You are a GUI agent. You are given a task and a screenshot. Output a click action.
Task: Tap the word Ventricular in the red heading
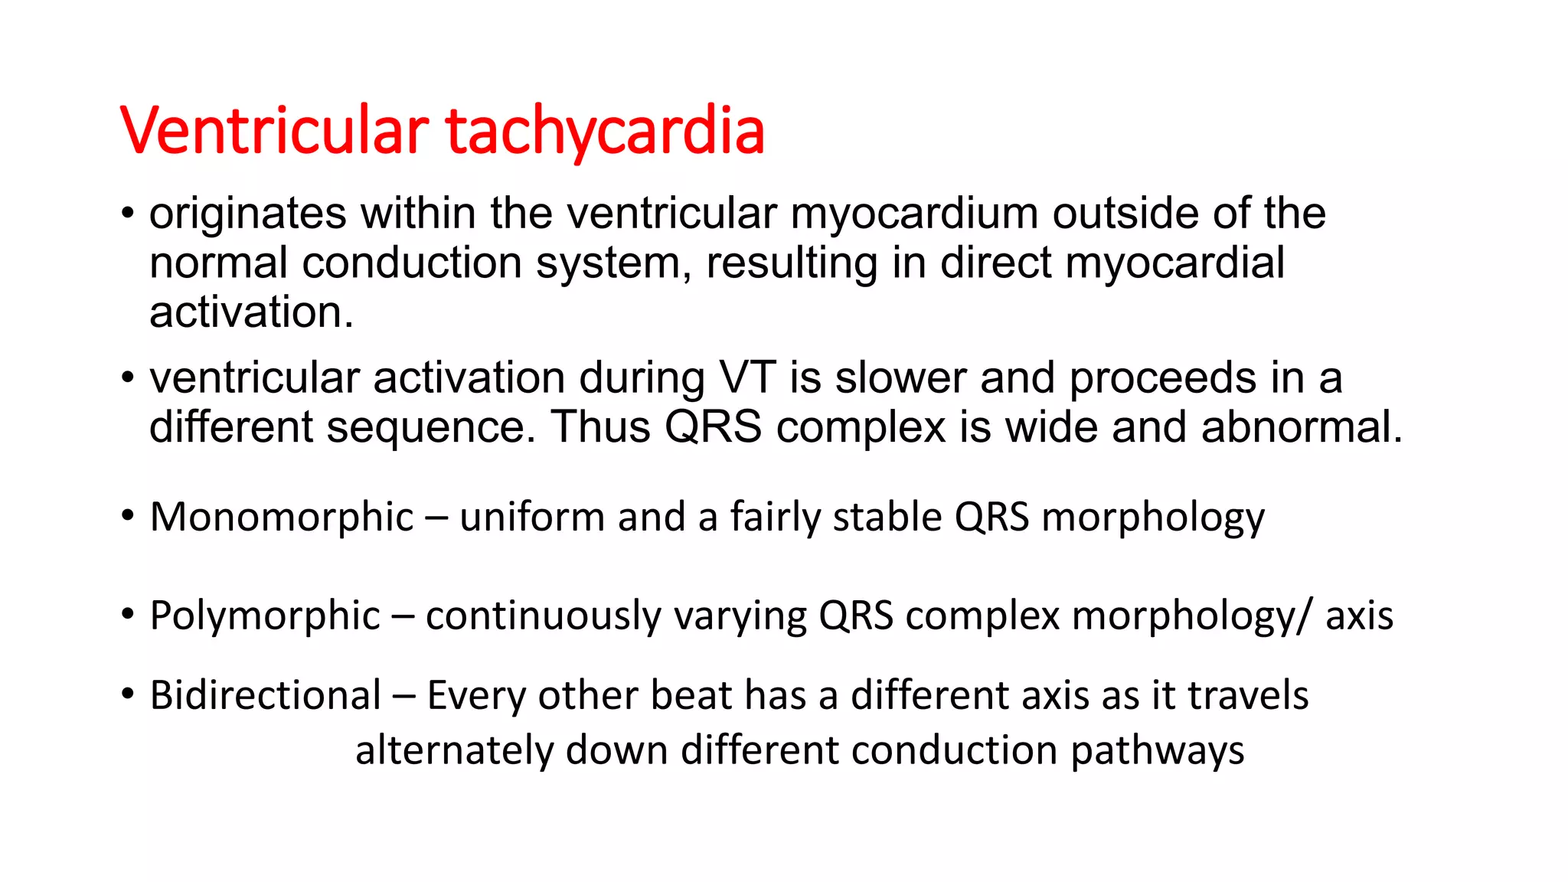pyautogui.click(x=274, y=130)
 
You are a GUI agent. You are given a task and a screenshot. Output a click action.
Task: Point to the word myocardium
pyautogui.click(x=914, y=214)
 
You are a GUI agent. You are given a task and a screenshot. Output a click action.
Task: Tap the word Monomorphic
pyautogui.click(x=282, y=518)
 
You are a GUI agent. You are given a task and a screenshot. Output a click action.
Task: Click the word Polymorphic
pyautogui.click(x=265, y=616)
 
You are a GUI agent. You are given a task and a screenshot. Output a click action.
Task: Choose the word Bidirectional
pyautogui.click(x=266, y=696)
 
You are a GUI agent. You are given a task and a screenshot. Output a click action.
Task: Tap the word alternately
pyautogui.click(x=454, y=750)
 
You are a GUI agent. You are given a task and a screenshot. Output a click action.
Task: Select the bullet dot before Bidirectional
pyautogui.click(x=128, y=693)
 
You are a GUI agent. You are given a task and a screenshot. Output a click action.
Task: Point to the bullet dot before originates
pyautogui.click(x=128, y=212)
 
